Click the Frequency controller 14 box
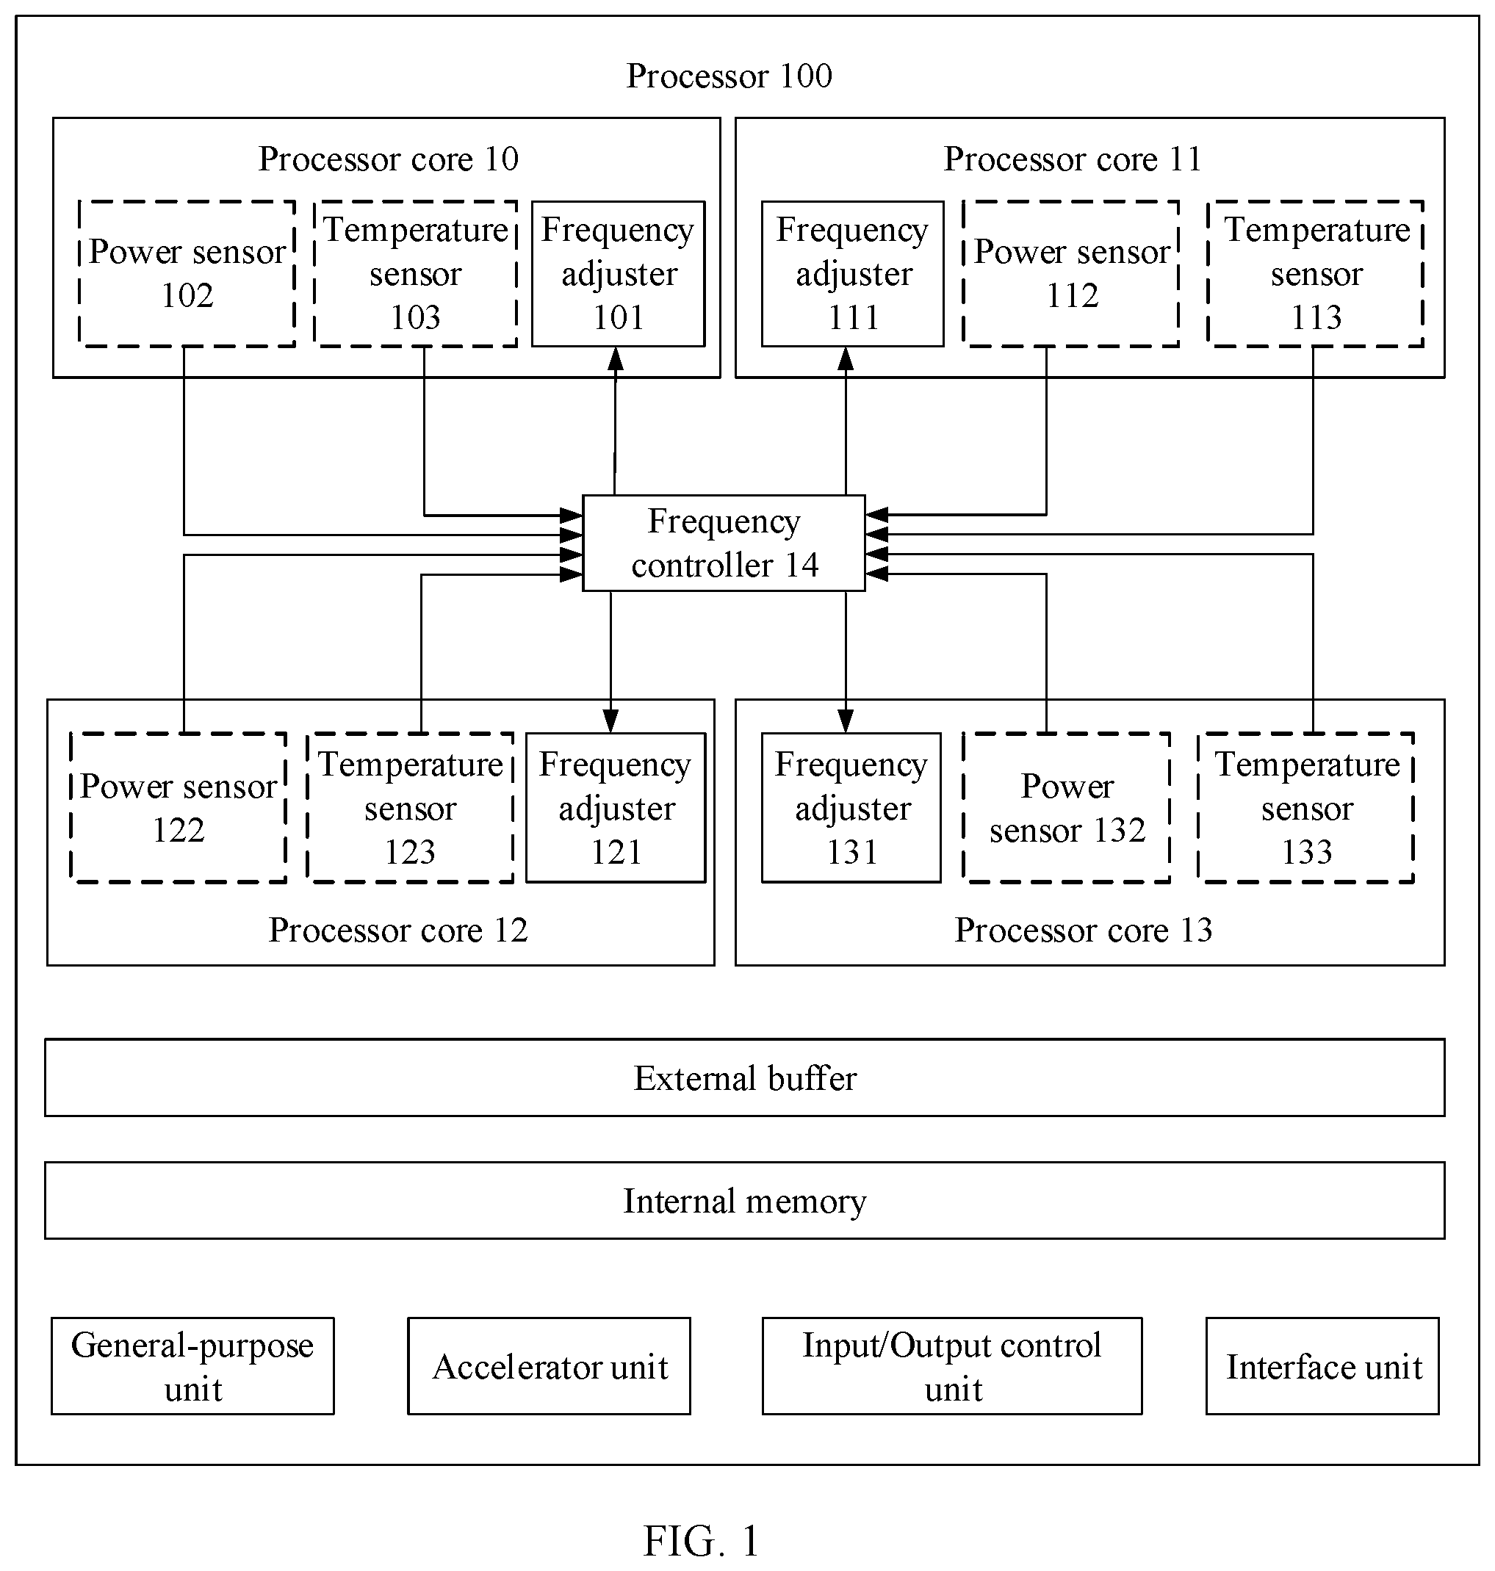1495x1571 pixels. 724,543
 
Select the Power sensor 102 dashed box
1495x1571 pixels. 187,273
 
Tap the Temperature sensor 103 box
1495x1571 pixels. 415,273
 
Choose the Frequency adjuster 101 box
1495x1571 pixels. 619,273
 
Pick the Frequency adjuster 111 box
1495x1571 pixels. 853,273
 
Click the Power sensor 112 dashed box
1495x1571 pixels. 1071,273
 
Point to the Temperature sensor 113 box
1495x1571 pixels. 1316,273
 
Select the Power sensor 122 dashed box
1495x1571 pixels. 179,807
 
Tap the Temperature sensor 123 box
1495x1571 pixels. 411,807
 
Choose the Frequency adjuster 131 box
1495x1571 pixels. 851,807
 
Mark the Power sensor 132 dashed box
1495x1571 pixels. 1067,807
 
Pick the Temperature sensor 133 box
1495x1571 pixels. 1306,807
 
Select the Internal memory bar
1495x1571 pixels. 744,1200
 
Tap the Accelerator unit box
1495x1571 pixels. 549,1365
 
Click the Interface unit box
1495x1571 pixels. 1323,1365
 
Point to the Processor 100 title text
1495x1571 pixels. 730,76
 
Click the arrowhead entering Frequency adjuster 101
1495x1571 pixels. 615,358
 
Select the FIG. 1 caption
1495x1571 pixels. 702,1540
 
